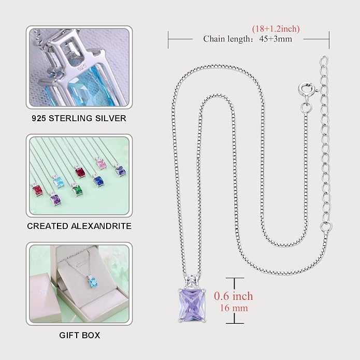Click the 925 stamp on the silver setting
click(82, 67)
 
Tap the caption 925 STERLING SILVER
click(79, 118)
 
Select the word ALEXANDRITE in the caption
click(101, 226)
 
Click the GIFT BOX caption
click(79, 335)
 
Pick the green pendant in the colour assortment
click(77, 190)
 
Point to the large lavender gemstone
click(192, 306)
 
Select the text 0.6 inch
click(234, 296)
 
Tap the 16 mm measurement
click(234, 308)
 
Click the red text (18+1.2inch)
click(276, 29)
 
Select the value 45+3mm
click(276, 39)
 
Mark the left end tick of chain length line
click(168, 40)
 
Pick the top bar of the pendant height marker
click(235, 278)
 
